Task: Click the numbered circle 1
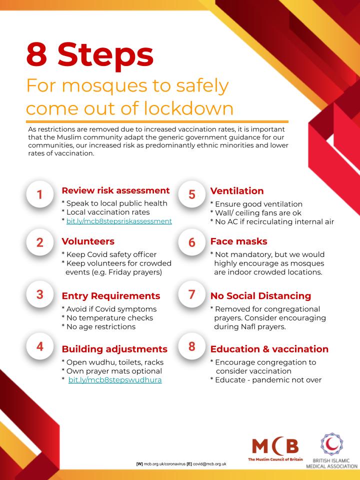pos(39,194)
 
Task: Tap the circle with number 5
pos(192,194)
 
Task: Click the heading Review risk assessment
pos(115,190)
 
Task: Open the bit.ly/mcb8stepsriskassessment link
pos(119,220)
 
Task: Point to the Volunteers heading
pos(88,241)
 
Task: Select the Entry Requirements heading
pos(110,296)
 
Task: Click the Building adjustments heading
pos(114,348)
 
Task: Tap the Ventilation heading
pos(237,191)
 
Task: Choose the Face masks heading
pos(239,241)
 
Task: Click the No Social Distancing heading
pos(260,296)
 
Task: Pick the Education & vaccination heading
pos(269,348)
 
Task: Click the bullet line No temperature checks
pos(107,317)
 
